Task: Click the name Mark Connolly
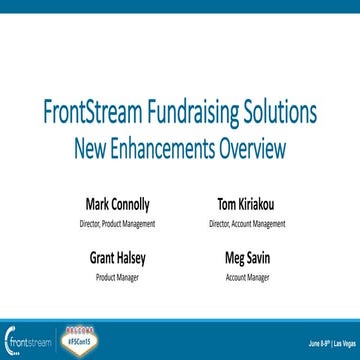[x=119, y=205]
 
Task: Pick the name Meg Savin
[x=246, y=258]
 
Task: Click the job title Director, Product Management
[x=119, y=224]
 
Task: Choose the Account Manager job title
[x=246, y=276]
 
